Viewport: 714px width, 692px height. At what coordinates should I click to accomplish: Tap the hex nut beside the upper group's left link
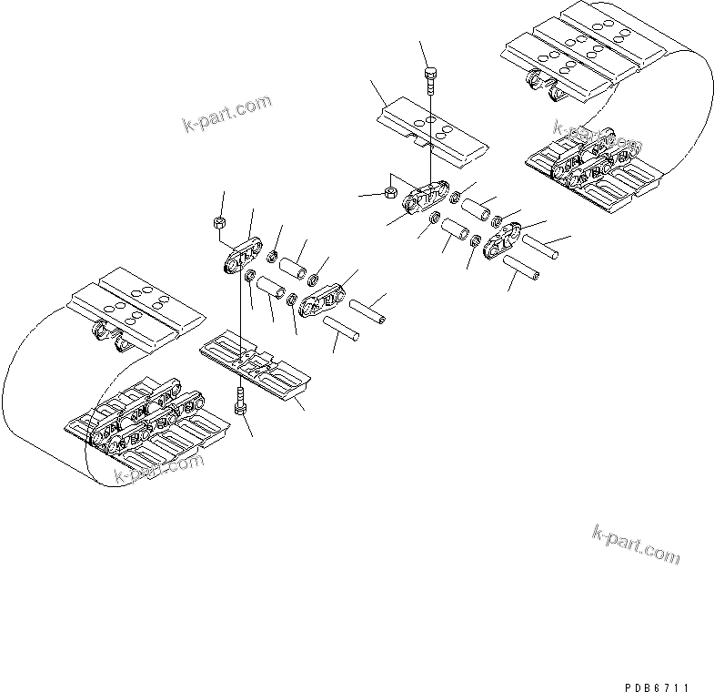click(389, 193)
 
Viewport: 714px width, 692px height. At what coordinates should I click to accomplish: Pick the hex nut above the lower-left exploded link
click(218, 224)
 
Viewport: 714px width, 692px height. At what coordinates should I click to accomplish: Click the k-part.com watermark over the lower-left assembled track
click(158, 469)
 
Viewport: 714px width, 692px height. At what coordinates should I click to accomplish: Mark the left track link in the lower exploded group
click(242, 259)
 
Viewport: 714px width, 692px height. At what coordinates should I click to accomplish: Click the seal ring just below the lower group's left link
click(250, 276)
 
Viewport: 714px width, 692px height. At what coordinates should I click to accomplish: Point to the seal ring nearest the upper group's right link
click(498, 221)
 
